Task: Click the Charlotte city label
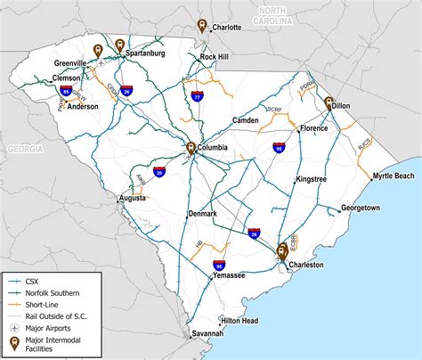click(x=227, y=28)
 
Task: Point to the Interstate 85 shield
click(x=66, y=90)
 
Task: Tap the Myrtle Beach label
click(x=393, y=176)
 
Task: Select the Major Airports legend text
click(x=53, y=327)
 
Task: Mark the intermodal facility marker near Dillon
click(x=329, y=102)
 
